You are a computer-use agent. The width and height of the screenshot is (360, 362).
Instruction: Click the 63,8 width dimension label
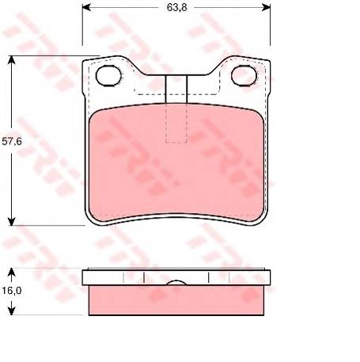click(x=176, y=7)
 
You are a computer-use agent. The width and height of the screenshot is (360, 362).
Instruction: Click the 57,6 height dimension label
click(x=12, y=142)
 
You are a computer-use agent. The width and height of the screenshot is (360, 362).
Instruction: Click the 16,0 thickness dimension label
click(x=12, y=291)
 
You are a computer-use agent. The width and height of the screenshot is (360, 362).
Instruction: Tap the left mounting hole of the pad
click(x=108, y=76)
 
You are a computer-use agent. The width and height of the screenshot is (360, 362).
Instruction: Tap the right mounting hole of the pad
click(x=244, y=76)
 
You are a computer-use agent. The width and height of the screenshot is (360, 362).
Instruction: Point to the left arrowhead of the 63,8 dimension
click(x=86, y=7)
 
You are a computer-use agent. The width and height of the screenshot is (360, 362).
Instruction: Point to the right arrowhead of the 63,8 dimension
click(x=266, y=7)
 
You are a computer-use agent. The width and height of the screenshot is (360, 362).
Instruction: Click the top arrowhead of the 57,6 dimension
click(x=11, y=60)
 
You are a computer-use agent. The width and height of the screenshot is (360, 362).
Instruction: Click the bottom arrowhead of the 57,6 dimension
click(x=11, y=221)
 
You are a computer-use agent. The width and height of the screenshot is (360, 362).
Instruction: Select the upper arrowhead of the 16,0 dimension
click(x=11, y=272)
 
